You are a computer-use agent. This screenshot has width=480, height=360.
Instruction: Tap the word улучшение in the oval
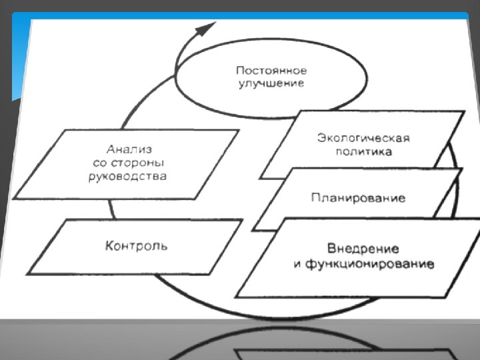(272, 83)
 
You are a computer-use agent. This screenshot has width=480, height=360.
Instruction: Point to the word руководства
(127, 177)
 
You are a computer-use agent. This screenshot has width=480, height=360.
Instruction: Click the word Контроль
(136, 245)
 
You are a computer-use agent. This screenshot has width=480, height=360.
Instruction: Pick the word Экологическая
(363, 138)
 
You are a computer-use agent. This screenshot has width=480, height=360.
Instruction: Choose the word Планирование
(358, 198)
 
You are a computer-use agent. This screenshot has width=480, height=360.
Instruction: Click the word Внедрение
(363, 249)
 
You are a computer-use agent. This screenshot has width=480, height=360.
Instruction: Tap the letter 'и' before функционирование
(298, 265)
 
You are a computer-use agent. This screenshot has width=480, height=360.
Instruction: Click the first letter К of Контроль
(109, 245)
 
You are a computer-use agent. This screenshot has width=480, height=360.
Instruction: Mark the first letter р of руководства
(91, 178)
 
